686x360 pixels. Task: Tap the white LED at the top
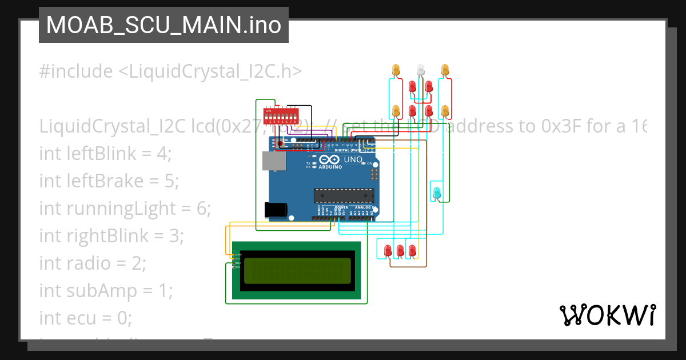[421, 70]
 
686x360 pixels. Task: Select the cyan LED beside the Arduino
[437, 193]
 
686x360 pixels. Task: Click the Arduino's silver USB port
[274, 161]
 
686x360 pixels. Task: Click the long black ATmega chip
[344, 195]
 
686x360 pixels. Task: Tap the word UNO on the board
[353, 160]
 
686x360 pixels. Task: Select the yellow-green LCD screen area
[297, 271]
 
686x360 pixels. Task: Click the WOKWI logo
[607, 315]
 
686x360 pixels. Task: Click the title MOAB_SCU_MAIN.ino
[163, 25]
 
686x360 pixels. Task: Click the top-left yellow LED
[396, 70]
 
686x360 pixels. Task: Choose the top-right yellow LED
[445, 70]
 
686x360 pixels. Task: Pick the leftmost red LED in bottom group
[388, 250]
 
